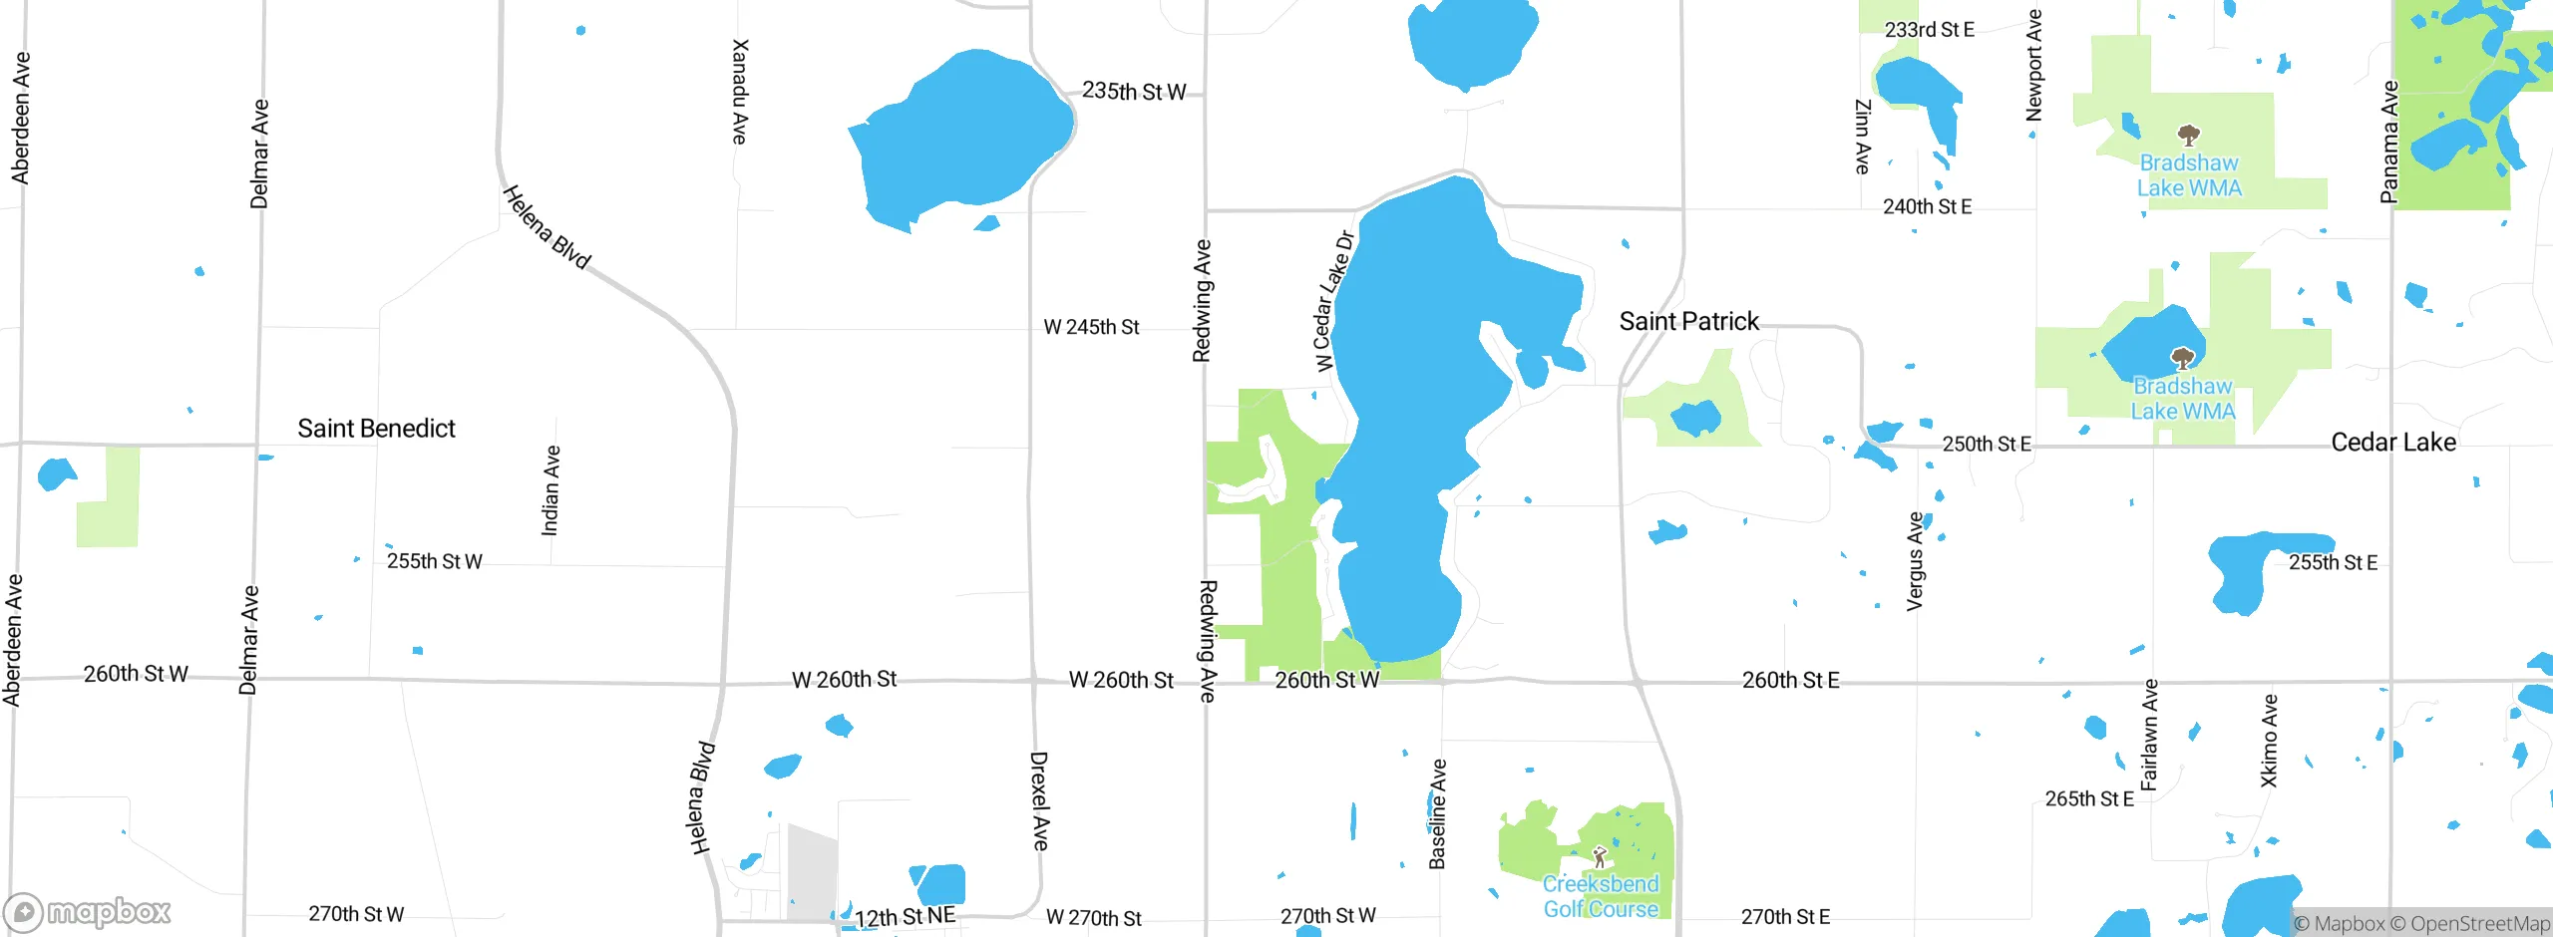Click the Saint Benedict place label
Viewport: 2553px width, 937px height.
coord(376,429)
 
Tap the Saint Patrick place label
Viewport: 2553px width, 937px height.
coord(1688,321)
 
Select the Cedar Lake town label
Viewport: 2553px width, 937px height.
coord(2392,443)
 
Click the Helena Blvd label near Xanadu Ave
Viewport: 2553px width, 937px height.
coord(547,227)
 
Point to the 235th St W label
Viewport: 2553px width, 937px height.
coord(1134,92)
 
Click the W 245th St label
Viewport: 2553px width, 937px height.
coord(1091,327)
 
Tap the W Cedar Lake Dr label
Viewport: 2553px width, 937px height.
coord(1333,301)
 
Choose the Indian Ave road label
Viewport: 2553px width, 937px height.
coord(550,490)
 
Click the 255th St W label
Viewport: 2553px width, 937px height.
coord(434,561)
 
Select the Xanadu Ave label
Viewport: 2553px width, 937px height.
coord(739,92)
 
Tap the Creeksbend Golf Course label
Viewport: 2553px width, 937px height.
coord(1601,896)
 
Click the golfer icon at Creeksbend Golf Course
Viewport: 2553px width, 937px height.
coord(1600,856)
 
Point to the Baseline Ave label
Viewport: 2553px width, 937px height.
coord(1437,813)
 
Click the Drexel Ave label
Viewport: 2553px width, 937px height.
coord(1039,800)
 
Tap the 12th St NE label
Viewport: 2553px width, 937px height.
coord(905,917)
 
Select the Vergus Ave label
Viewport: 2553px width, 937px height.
coord(1915,561)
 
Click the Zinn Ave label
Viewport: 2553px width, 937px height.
coord(1862,137)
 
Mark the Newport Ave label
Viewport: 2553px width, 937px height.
coord(2034,66)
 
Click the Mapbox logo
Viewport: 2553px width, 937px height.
coord(88,912)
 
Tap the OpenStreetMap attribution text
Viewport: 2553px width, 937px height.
coord(2479,924)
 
